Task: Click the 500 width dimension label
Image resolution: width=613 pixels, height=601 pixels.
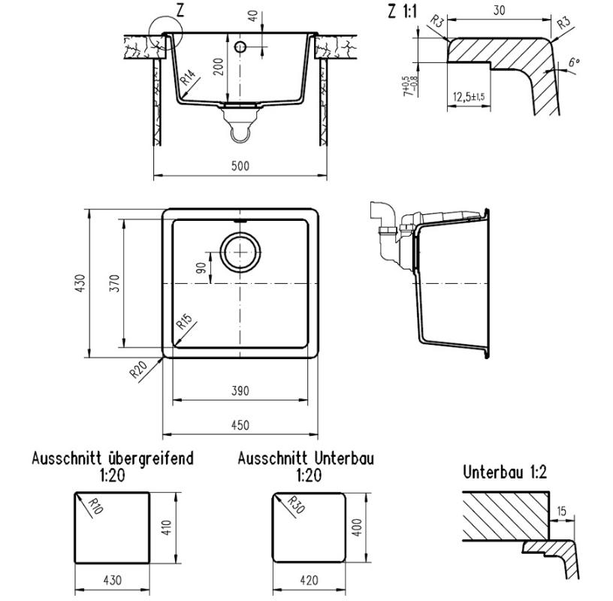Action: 240,166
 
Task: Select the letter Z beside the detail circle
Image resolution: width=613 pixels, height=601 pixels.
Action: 180,10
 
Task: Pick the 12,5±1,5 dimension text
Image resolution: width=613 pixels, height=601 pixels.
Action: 468,97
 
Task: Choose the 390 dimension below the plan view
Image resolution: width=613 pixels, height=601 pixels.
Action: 240,391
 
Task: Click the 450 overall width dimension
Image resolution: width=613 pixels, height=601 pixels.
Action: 240,425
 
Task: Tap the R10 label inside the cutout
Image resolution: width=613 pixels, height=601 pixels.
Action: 95,510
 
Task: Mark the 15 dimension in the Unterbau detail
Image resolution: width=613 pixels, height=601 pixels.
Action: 562,512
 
